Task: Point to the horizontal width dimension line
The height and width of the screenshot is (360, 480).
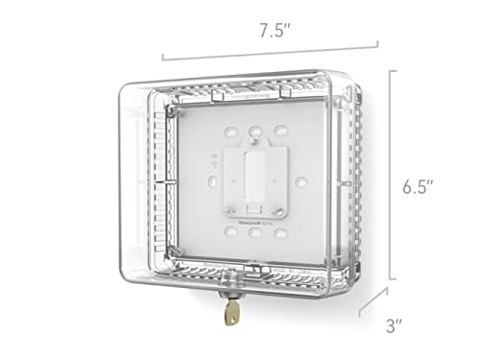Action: click(x=270, y=48)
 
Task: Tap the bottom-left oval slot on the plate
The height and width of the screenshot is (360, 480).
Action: click(x=231, y=231)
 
